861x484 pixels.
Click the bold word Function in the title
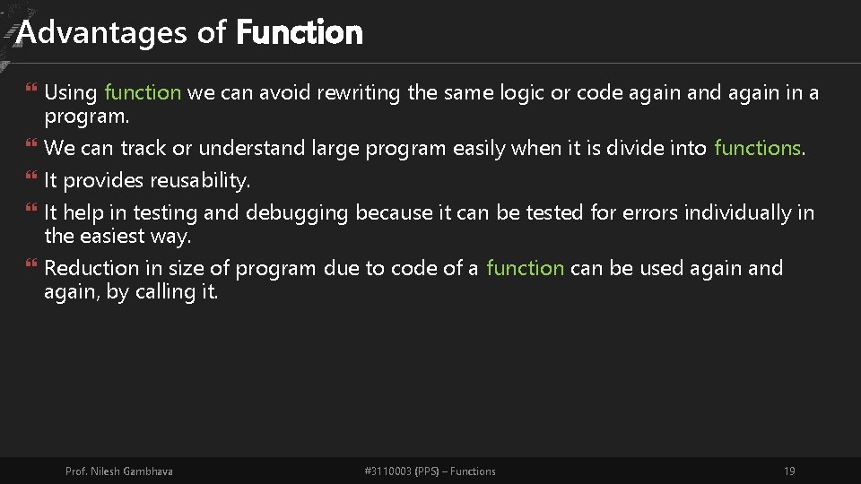(x=299, y=33)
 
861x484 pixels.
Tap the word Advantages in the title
(x=103, y=33)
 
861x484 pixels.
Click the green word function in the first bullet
(x=143, y=92)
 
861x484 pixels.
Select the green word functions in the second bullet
(x=756, y=148)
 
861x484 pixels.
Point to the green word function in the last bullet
(x=525, y=268)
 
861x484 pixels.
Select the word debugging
(x=296, y=213)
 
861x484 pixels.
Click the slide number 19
(x=789, y=471)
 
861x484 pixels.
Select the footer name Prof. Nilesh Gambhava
(x=119, y=471)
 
